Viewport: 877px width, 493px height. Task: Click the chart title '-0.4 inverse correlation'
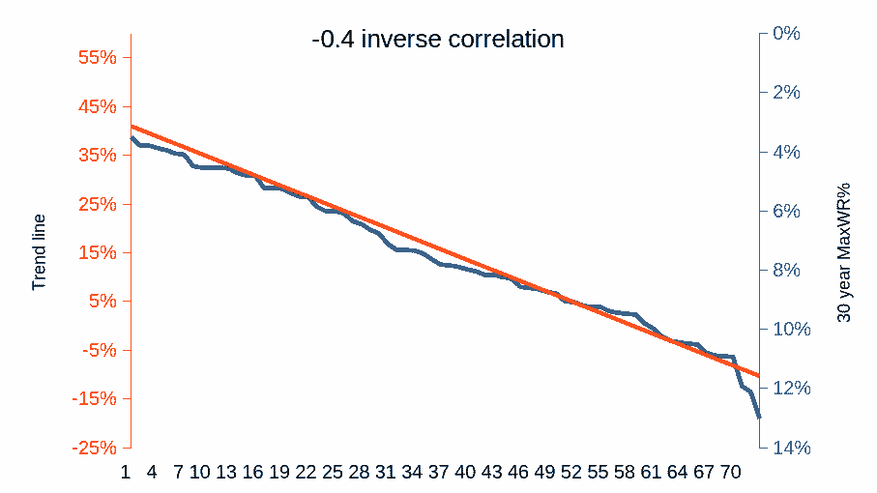438,40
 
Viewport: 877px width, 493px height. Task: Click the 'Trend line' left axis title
40,252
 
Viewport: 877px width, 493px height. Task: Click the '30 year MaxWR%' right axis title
844,251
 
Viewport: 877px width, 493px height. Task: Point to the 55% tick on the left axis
97,58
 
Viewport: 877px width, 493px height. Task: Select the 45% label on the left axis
97,106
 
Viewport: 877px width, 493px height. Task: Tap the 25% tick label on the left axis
97,204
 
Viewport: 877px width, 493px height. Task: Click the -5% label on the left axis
98,350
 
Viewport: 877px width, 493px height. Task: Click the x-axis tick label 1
126,472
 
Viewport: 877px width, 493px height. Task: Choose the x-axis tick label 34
412,472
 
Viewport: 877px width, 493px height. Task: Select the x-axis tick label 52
570,472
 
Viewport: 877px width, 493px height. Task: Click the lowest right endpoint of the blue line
760,418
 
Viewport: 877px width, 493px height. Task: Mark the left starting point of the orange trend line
132,126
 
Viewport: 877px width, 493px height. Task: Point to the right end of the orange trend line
760,375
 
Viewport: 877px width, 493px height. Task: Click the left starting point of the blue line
132,138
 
